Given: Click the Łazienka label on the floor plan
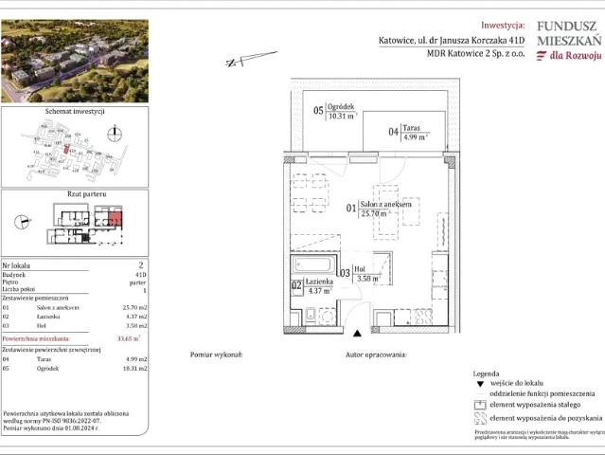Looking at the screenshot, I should click(318, 282).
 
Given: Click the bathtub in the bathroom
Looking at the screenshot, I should click(312, 264).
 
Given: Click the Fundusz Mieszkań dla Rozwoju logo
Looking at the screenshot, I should click(567, 43).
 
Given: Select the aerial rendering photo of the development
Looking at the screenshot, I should click(61, 60).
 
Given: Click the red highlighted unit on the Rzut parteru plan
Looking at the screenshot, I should click(115, 224).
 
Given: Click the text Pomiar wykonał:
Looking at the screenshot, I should click(217, 353).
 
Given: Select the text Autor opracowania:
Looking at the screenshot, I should click(376, 353).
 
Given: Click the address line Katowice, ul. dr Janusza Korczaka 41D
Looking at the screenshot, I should click(449, 41).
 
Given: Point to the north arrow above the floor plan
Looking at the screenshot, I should click(239, 63).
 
